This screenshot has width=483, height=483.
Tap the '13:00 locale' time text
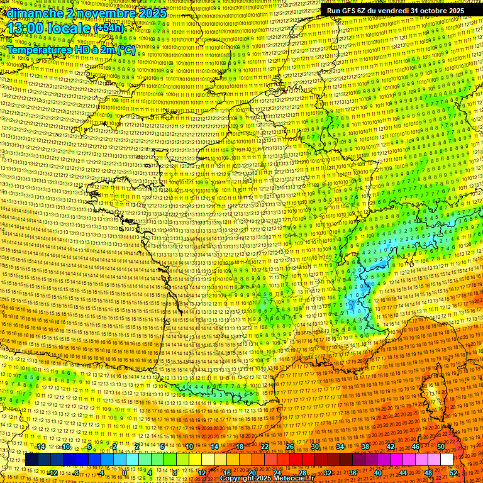[x=47, y=29]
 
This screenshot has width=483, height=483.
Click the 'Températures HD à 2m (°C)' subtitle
[x=71, y=50]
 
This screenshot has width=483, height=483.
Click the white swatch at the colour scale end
[x=447, y=460]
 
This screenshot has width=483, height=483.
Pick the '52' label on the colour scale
[x=453, y=472]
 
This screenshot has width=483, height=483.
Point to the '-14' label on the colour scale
[x=40, y=447]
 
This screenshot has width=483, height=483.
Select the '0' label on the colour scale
[x=125, y=472]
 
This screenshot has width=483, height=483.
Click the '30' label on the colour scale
[x=314, y=447]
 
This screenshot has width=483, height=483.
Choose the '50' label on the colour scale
[x=441, y=447]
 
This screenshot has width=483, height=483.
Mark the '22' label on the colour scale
[x=264, y=447]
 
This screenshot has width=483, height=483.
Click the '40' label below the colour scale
[x=377, y=472]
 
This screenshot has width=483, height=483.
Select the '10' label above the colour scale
[x=189, y=447]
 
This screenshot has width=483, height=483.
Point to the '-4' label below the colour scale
[x=101, y=472]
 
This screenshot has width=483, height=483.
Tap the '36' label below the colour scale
[x=352, y=472]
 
